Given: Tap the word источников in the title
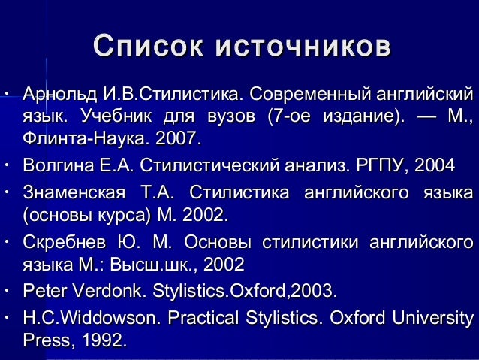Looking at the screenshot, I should pyautogui.click(x=302, y=47).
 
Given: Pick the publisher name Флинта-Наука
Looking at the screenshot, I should pyautogui.click(x=86, y=140).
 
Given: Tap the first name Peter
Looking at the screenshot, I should pyautogui.click(x=46, y=290).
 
